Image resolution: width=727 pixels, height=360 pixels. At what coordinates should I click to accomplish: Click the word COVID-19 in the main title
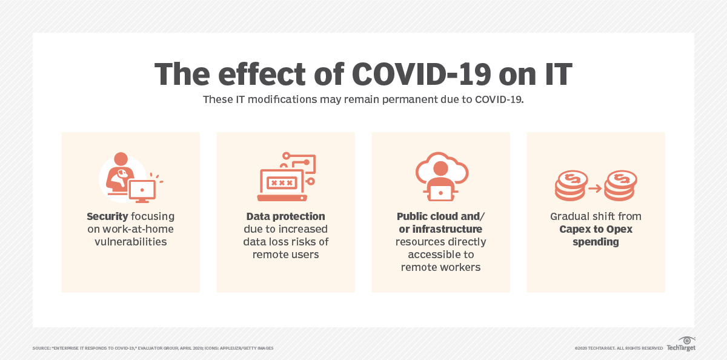click(x=421, y=74)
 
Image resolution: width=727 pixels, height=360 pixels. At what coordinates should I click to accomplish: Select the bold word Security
click(x=107, y=216)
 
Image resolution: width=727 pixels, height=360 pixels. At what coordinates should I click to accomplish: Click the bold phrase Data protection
click(x=285, y=216)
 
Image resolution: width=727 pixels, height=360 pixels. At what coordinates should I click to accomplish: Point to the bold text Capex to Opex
click(x=596, y=229)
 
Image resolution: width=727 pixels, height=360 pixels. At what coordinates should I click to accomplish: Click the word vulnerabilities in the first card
click(x=130, y=242)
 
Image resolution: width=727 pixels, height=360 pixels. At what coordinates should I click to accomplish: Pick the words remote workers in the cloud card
click(x=441, y=267)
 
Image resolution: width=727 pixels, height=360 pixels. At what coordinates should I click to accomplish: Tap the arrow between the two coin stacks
click(x=595, y=188)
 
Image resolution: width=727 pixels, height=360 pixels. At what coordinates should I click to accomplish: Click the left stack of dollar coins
click(x=571, y=185)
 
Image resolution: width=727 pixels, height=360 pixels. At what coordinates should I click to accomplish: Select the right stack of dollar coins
click(x=620, y=185)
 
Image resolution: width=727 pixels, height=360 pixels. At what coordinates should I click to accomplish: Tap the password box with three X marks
click(x=282, y=183)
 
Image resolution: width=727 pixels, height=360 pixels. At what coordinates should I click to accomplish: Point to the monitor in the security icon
click(x=142, y=191)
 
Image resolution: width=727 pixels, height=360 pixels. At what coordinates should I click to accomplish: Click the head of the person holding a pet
click(x=121, y=159)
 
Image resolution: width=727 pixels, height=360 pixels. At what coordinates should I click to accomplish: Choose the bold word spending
click(x=596, y=242)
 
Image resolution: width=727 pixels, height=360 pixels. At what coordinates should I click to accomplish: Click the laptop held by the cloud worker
click(x=440, y=193)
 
